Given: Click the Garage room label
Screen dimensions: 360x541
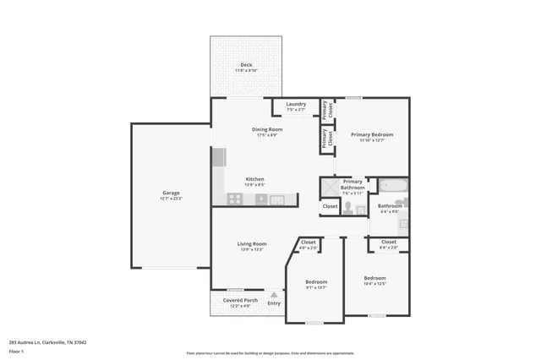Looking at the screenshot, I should click(x=171, y=193).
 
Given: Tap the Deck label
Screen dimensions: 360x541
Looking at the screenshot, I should click(x=245, y=64).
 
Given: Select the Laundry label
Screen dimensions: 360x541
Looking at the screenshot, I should click(x=296, y=104).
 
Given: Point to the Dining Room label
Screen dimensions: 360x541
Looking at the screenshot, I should click(x=266, y=129).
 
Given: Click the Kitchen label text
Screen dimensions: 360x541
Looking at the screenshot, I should click(x=254, y=178).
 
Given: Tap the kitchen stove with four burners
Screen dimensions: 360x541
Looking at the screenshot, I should click(x=235, y=199).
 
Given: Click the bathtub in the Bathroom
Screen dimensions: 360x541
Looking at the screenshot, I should click(x=392, y=185).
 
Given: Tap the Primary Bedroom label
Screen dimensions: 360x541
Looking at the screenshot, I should click(x=372, y=134).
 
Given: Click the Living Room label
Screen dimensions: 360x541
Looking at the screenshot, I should click(x=252, y=243).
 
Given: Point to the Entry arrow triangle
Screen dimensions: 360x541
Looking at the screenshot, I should click(x=273, y=295).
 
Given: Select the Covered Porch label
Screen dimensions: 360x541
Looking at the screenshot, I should click(x=240, y=300).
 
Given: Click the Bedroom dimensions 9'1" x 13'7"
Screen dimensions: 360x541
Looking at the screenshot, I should click(x=316, y=287).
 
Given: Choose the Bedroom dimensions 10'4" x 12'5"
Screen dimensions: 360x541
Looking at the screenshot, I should click(x=374, y=284).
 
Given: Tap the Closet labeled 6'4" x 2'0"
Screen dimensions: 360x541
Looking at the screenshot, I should click(x=389, y=247).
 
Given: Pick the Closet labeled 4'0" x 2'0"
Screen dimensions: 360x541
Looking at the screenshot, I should click(x=309, y=248).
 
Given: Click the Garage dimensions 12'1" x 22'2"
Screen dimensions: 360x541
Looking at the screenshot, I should click(x=171, y=199).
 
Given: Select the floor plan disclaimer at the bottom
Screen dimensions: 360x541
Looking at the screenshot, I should click(x=270, y=353).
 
